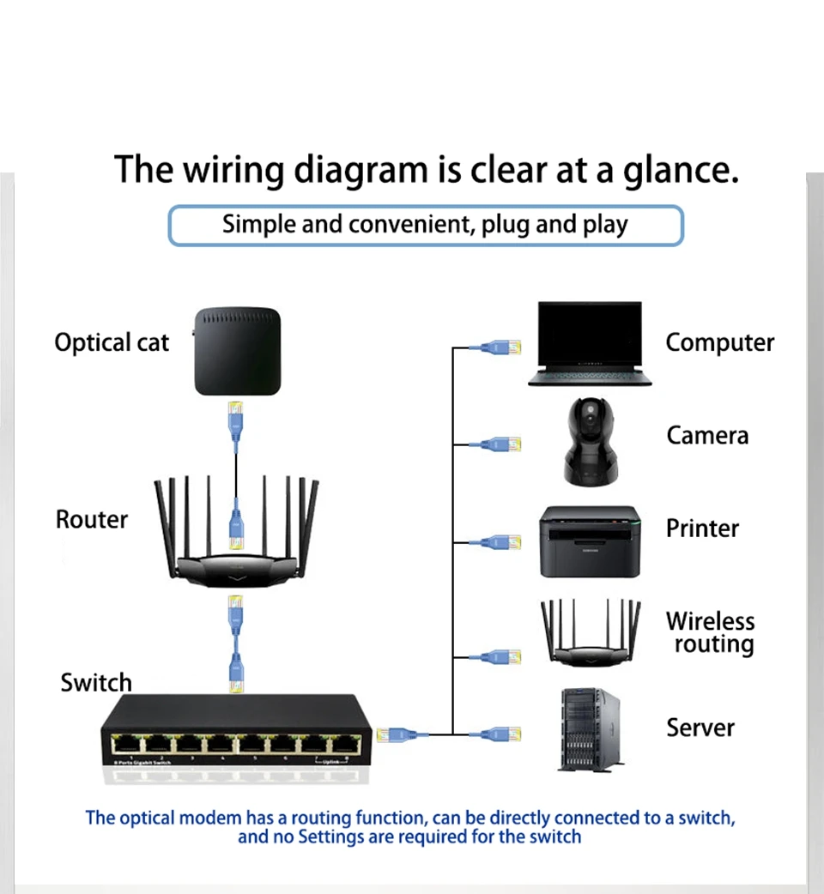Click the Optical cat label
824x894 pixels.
(x=112, y=343)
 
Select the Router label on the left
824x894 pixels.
(x=91, y=520)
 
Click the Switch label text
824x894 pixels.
(x=96, y=683)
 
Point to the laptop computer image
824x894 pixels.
(x=589, y=343)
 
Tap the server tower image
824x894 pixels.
(x=589, y=728)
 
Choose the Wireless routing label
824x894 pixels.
(x=711, y=632)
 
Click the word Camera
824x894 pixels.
(x=707, y=436)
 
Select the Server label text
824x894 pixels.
(x=700, y=728)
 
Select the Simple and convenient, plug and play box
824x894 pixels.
(x=425, y=226)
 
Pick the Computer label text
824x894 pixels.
(x=719, y=343)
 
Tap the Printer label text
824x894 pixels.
(x=702, y=529)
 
